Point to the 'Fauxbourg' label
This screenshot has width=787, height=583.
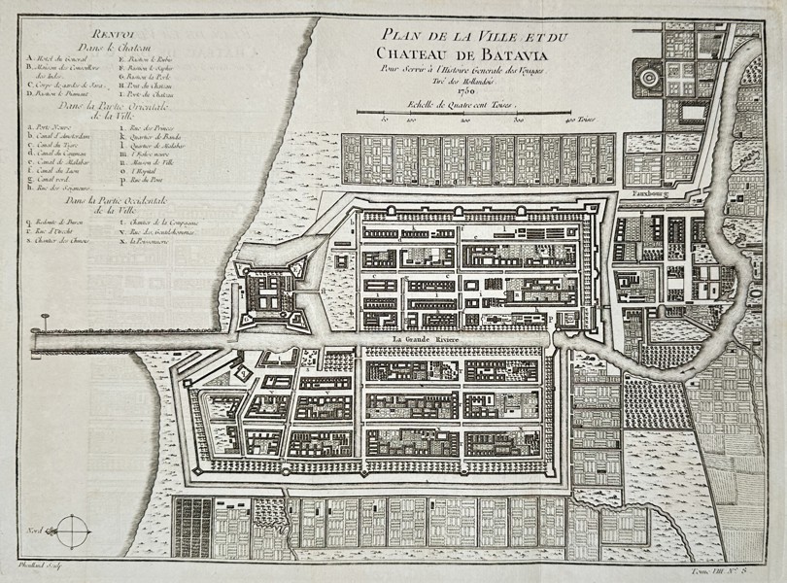tap(648, 194)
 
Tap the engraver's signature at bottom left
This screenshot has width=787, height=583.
tap(36, 564)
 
